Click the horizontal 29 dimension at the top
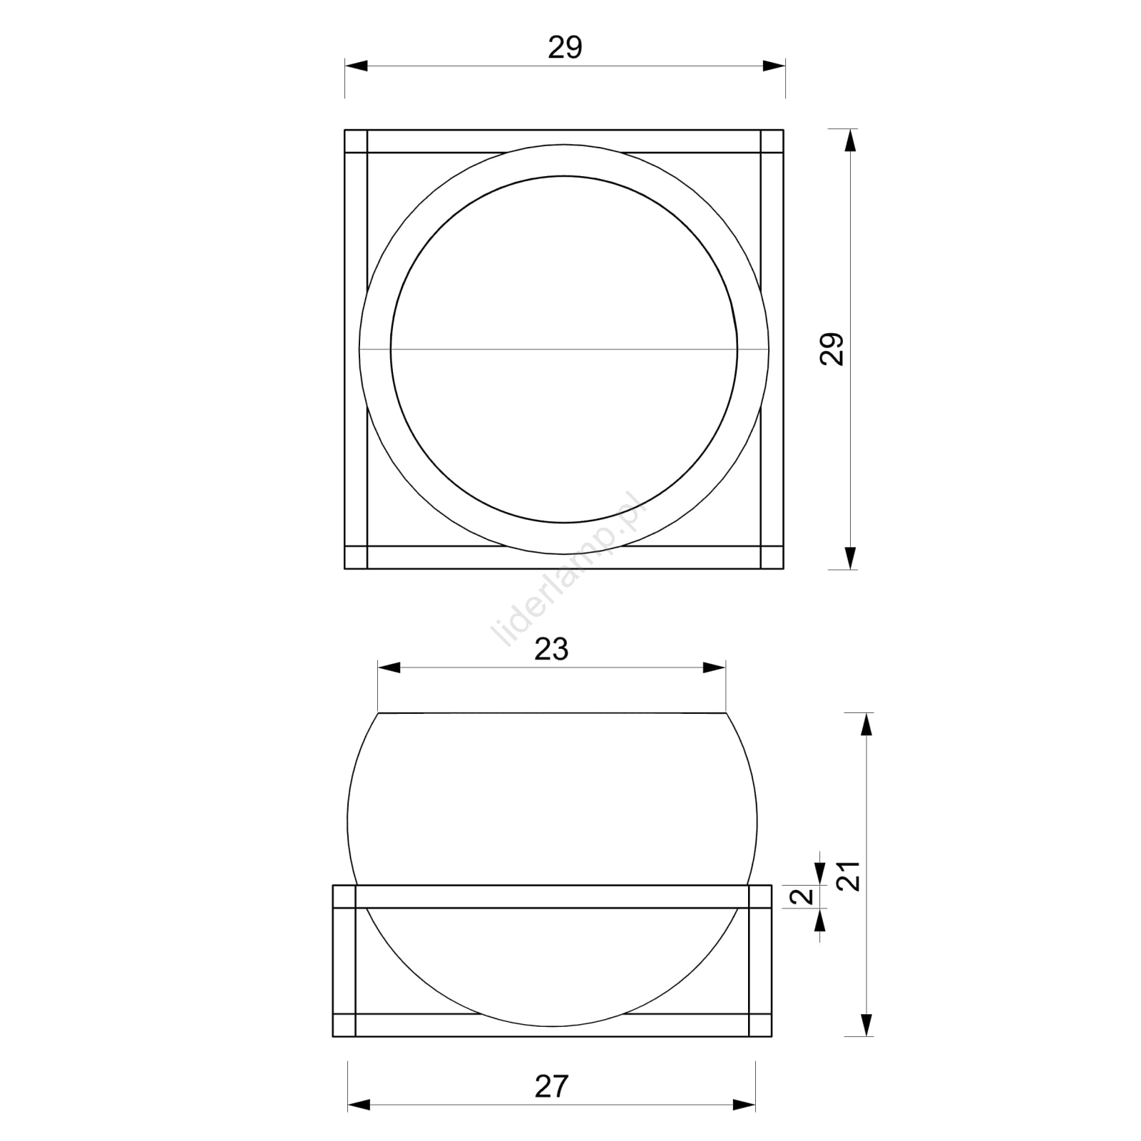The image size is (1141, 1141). (x=565, y=48)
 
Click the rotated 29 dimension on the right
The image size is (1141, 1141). (x=832, y=349)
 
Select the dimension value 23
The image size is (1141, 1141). (x=551, y=650)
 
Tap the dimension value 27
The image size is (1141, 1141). (x=551, y=1086)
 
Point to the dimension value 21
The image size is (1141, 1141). (x=849, y=876)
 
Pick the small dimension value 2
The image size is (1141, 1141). (x=805, y=896)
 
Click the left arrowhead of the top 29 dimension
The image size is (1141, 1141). (x=356, y=66)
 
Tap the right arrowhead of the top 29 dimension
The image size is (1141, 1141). (x=774, y=66)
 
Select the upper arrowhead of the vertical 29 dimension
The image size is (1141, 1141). (x=849, y=140)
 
